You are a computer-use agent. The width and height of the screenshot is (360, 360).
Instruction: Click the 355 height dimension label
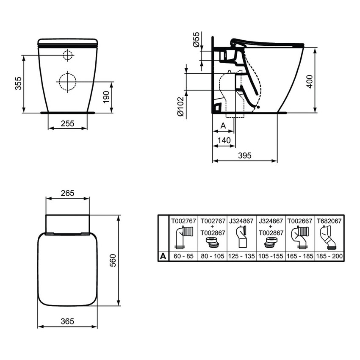[x=17, y=84]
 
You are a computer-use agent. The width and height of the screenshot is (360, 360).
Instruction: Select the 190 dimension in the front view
[x=106, y=97]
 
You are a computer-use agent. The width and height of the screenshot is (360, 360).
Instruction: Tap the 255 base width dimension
[x=68, y=123]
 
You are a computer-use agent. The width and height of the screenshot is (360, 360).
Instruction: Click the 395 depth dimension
[x=244, y=155]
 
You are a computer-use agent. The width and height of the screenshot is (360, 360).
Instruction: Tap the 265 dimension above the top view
[x=67, y=193]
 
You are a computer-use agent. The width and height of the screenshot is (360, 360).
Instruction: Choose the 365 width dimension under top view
[x=67, y=321]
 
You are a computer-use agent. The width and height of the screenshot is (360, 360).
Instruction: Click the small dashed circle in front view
[x=68, y=55]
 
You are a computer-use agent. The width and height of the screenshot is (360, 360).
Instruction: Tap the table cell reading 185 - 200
[x=330, y=256]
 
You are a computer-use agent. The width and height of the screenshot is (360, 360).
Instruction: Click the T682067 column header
[x=330, y=220]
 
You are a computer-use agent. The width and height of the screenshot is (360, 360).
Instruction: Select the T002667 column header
[x=300, y=220]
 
